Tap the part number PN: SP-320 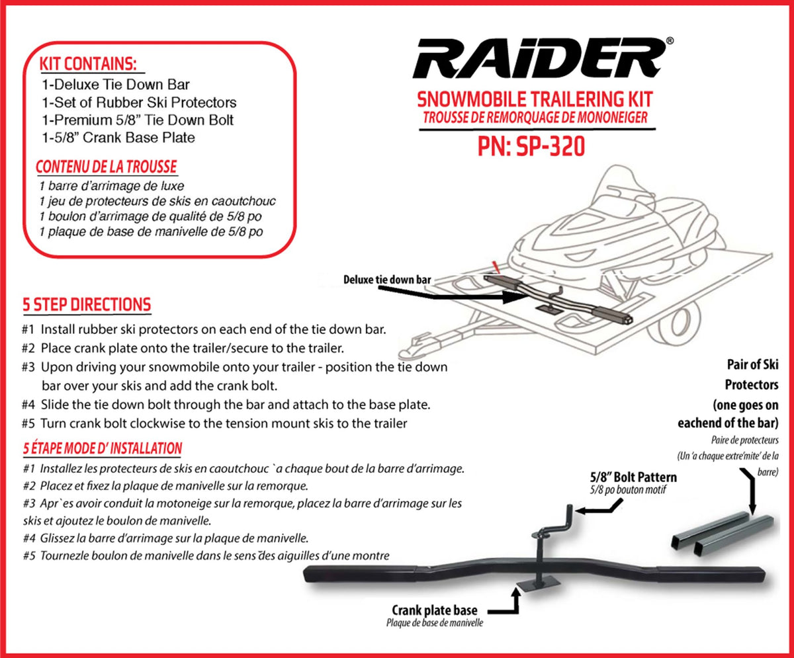[x=531, y=146]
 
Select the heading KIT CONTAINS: [x=88, y=64]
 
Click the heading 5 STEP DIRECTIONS [x=87, y=305]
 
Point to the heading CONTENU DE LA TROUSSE [x=106, y=167]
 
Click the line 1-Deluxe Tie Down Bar [x=115, y=85]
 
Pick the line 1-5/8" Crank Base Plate [x=117, y=138]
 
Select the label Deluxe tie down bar [x=387, y=280]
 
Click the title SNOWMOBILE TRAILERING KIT [x=535, y=99]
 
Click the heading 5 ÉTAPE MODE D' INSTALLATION [x=103, y=448]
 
